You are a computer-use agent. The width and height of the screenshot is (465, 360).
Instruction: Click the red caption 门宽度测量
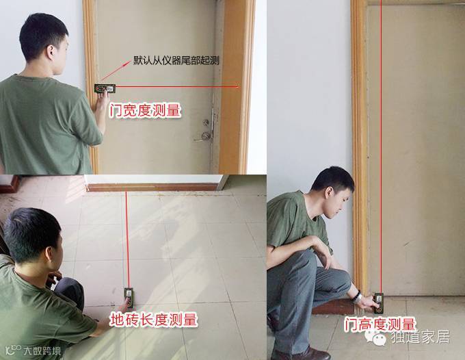tap(145, 110)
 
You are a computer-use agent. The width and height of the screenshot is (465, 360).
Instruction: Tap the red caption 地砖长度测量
tap(154, 320)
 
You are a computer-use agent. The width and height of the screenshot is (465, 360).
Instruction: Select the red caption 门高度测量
tap(380, 324)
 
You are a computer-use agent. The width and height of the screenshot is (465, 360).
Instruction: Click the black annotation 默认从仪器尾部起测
tap(176, 60)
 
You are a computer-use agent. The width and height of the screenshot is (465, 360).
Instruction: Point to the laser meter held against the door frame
tap(105, 88)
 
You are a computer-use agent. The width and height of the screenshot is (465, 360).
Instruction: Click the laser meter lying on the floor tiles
tap(129, 298)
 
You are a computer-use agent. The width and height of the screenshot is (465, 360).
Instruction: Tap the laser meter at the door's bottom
tap(379, 303)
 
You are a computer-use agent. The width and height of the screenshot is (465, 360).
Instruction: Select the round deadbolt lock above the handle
tap(206, 122)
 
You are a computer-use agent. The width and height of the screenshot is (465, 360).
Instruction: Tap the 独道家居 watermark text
tap(420, 337)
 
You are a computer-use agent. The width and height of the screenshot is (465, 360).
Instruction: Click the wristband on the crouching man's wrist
tap(358, 296)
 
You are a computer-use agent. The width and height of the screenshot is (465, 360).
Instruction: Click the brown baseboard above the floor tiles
tap(153, 188)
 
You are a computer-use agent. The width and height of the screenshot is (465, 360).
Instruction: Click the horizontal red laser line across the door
tap(176, 87)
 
